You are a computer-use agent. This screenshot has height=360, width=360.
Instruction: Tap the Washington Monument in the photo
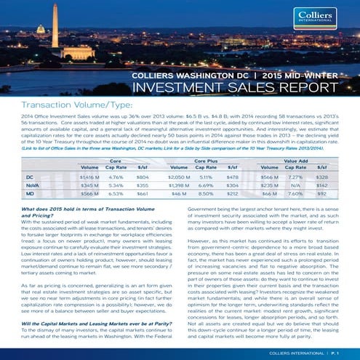(x=56, y=29)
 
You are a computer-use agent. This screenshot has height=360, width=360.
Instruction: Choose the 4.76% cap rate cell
(x=116, y=156)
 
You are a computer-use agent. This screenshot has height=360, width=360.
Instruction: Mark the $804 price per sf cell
(x=143, y=156)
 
